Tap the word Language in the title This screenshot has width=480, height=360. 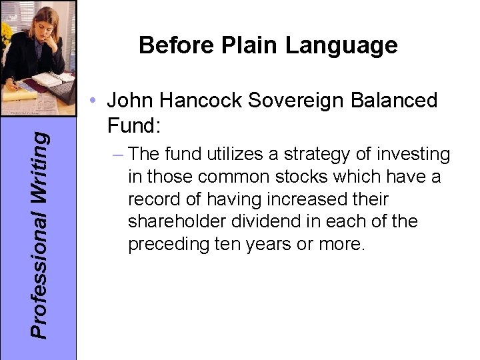pos(341,45)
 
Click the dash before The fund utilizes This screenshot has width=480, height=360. pos(118,155)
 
